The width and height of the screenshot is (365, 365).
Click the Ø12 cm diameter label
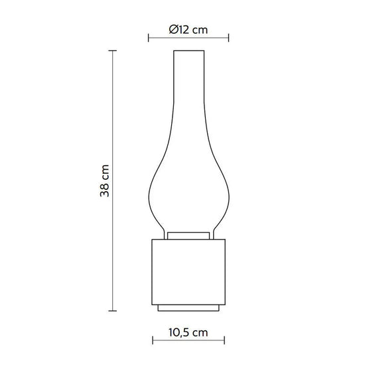click(188, 30)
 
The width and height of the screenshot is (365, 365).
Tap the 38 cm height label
click(104, 181)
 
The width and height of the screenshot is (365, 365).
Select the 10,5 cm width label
click(188, 332)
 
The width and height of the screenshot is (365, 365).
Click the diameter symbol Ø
click(174, 30)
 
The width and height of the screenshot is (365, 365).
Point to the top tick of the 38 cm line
click(113, 50)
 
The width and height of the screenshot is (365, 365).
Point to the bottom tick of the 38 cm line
click(113, 311)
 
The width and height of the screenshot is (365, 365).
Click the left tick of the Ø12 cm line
click(149, 38)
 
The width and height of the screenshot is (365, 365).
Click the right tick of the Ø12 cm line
click(228, 38)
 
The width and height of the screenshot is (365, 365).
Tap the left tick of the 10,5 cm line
click(153, 340)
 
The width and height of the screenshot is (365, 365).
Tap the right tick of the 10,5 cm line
click(224, 340)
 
